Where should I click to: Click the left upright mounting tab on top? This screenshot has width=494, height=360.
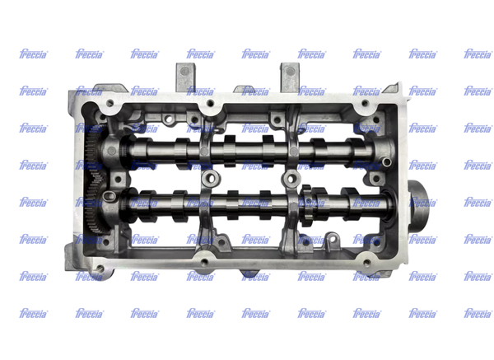coord(185,77)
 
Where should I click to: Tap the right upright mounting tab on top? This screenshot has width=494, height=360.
coord(290,77)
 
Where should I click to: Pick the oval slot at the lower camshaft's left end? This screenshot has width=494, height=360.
coord(109,196)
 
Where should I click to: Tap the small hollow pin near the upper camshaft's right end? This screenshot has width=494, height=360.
coord(387,162)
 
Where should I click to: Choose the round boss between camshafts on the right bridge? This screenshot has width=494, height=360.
coord(291,179)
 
